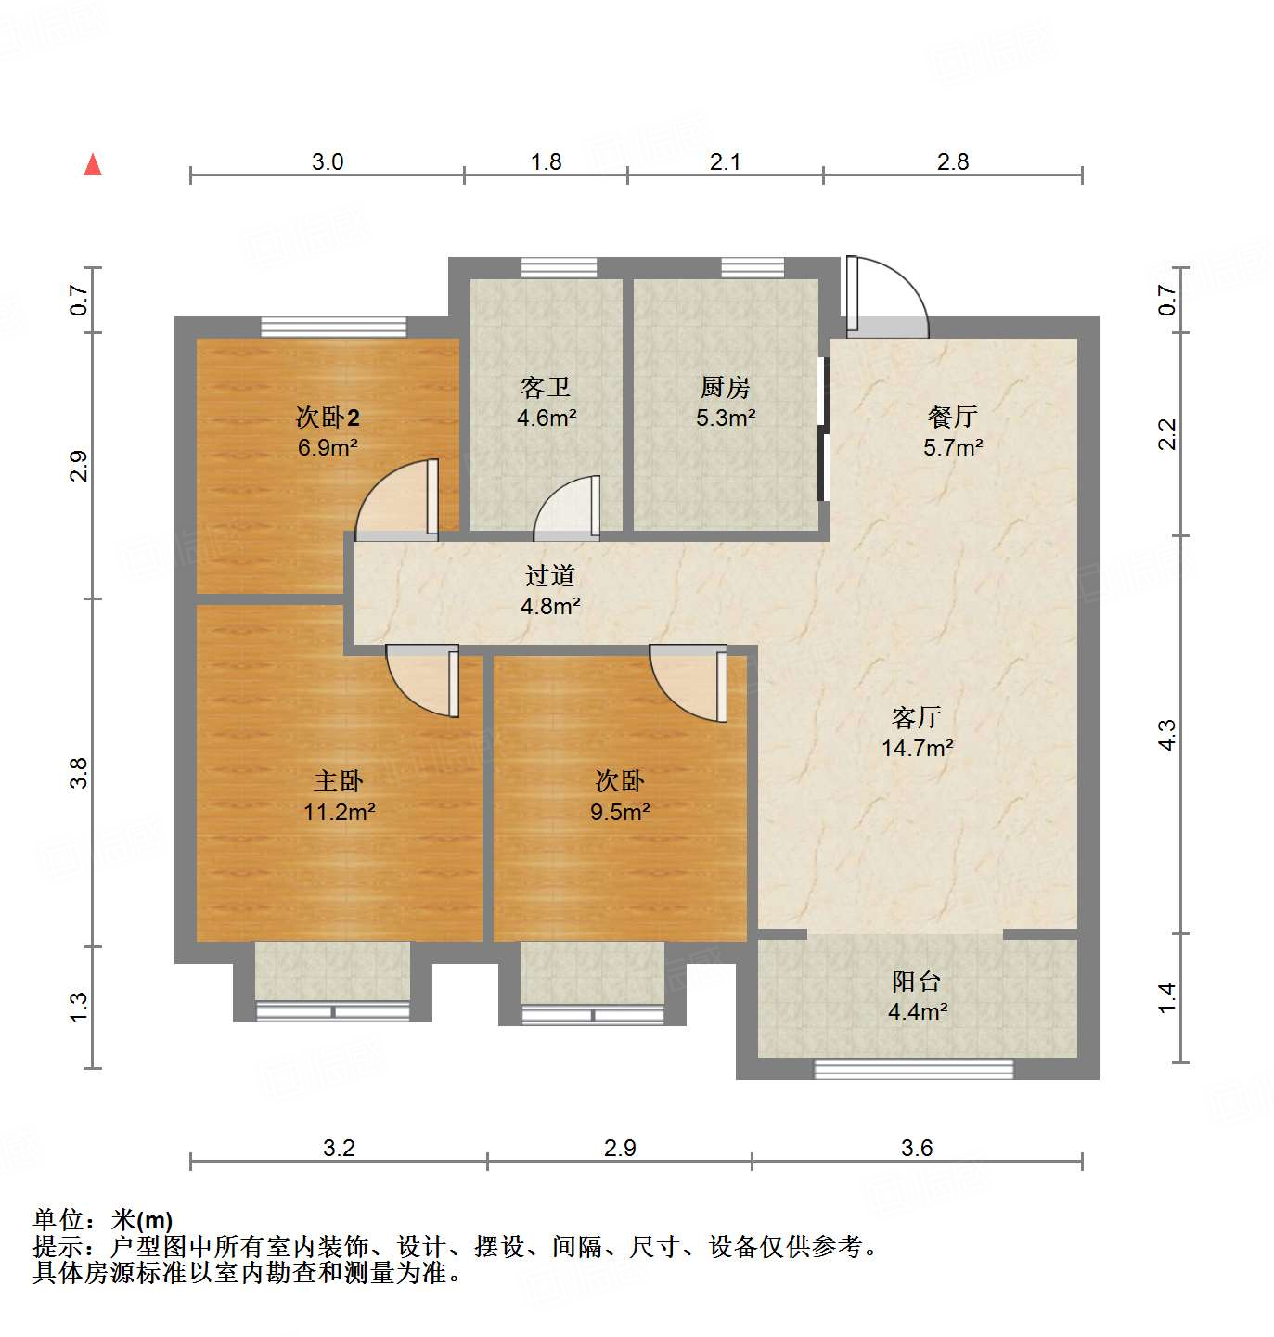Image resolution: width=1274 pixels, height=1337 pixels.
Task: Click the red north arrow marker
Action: point(93,165)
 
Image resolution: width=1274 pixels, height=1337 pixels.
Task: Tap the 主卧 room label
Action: point(339,781)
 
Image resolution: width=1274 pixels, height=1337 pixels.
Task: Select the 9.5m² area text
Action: point(620,813)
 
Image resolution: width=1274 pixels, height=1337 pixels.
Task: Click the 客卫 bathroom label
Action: point(546,387)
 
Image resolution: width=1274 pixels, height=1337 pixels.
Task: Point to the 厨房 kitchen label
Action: point(726,387)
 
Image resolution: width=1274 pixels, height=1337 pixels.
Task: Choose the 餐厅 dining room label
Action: point(953,417)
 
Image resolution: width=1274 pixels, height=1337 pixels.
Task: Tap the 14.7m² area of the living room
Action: point(917,748)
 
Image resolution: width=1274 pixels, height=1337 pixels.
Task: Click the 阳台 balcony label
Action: point(917,981)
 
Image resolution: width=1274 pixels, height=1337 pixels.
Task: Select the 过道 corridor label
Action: point(550,575)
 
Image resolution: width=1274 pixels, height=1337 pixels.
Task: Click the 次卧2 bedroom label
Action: point(328,417)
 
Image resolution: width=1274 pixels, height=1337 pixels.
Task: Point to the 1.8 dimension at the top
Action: point(546,162)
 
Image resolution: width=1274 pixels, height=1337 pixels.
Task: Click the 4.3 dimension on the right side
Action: point(1167,735)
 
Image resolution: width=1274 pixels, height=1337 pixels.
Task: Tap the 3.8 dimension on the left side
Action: point(80,773)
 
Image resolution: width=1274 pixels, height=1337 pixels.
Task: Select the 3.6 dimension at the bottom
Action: point(917,1149)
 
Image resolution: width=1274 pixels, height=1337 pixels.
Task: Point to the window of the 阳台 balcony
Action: point(913,1069)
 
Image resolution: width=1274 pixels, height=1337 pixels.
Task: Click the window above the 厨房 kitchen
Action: point(753,268)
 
